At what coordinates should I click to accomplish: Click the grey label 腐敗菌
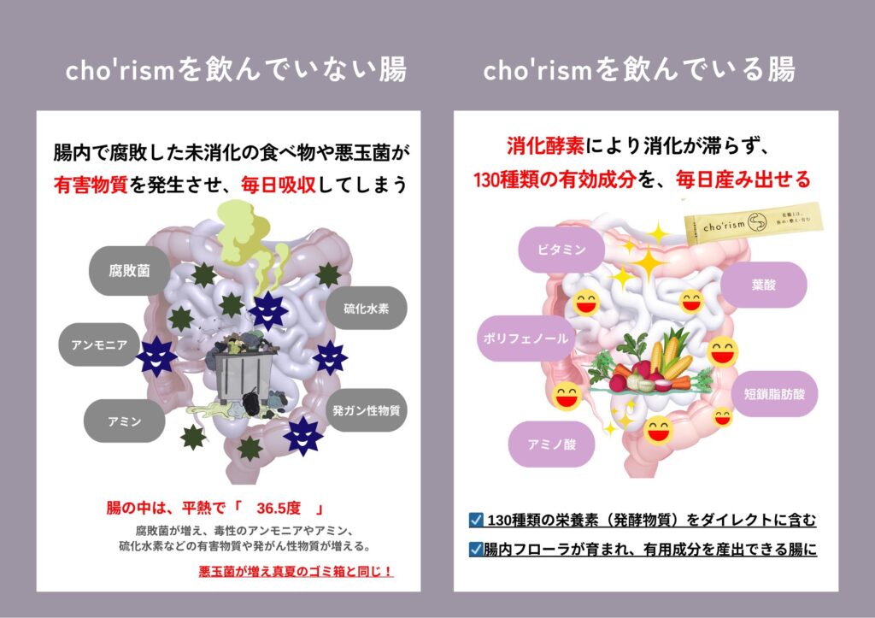click(x=129, y=271)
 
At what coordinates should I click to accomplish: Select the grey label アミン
click(x=124, y=421)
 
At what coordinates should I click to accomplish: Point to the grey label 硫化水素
click(x=367, y=308)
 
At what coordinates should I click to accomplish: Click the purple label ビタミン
click(x=561, y=250)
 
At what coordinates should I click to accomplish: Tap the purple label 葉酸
click(x=764, y=285)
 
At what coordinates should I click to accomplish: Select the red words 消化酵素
click(x=545, y=145)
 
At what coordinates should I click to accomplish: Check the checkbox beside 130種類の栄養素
click(x=477, y=520)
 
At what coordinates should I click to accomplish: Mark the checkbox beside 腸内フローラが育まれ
click(x=477, y=550)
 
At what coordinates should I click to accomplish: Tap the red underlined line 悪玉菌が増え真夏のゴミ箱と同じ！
click(x=296, y=571)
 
